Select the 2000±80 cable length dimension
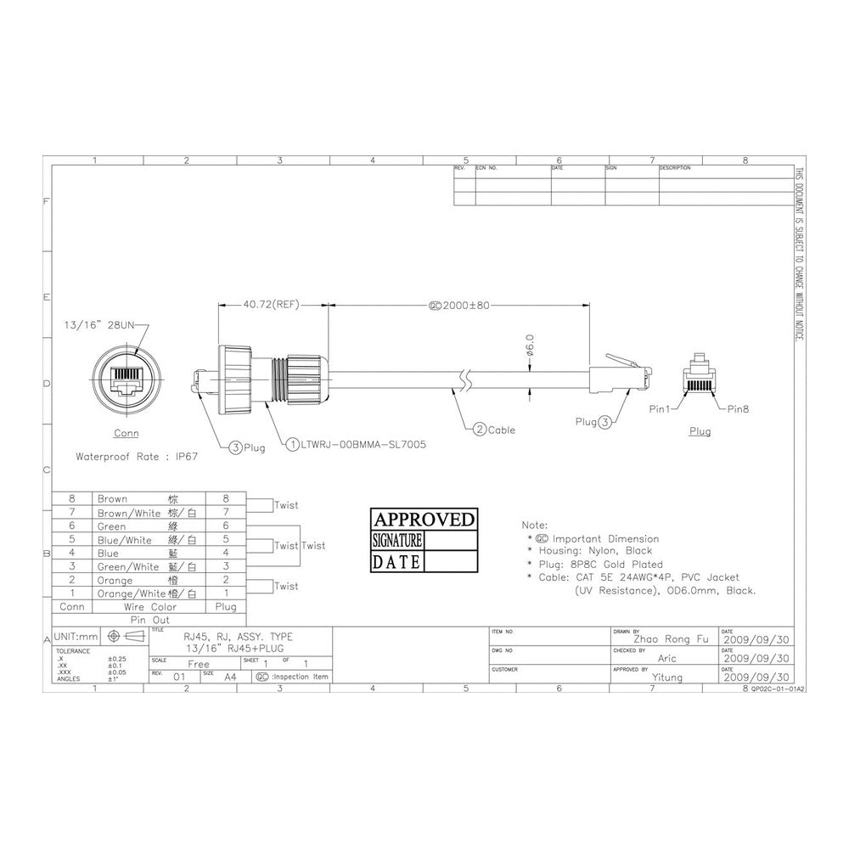click(x=464, y=304)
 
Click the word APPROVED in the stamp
click(x=424, y=520)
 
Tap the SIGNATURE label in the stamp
click(x=397, y=541)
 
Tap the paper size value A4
click(x=230, y=678)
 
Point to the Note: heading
click(x=535, y=526)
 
